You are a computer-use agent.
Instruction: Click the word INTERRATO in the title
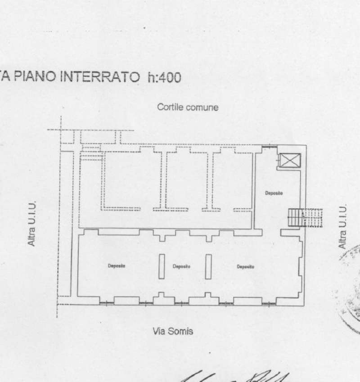click(x=100, y=77)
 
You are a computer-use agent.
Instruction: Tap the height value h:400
click(x=164, y=77)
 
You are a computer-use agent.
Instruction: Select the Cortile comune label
click(x=188, y=107)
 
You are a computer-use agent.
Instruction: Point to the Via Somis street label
click(x=173, y=332)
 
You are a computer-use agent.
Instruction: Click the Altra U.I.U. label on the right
click(x=342, y=227)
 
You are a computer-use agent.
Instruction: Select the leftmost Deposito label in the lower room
click(x=117, y=266)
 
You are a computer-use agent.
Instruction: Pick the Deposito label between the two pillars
click(x=181, y=266)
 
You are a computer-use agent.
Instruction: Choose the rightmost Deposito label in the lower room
click(x=246, y=266)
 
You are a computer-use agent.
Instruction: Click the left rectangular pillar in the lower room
click(x=162, y=266)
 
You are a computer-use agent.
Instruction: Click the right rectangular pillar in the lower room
click(x=208, y=266)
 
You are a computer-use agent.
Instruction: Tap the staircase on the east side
click(x=305, y=218)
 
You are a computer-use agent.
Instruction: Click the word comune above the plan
click(x=204, y=107)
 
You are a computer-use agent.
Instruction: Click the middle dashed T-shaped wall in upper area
click(x=167, y=180)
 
